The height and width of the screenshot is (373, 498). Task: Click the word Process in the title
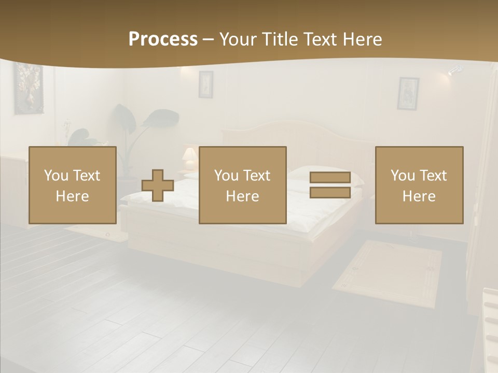163,39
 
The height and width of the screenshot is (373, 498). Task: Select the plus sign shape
158,185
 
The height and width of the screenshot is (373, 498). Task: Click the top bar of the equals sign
330,178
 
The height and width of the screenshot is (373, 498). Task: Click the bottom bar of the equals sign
330,193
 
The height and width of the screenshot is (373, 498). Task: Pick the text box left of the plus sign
73,185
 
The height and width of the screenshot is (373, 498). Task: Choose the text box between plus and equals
242,185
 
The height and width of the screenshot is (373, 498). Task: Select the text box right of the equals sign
419,185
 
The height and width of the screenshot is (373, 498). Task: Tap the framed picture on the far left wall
28,88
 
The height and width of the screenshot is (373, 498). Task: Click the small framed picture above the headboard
205,84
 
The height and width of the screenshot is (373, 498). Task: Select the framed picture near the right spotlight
408,93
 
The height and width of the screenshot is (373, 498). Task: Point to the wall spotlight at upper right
454,69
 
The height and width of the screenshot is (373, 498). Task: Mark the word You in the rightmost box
402,176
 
